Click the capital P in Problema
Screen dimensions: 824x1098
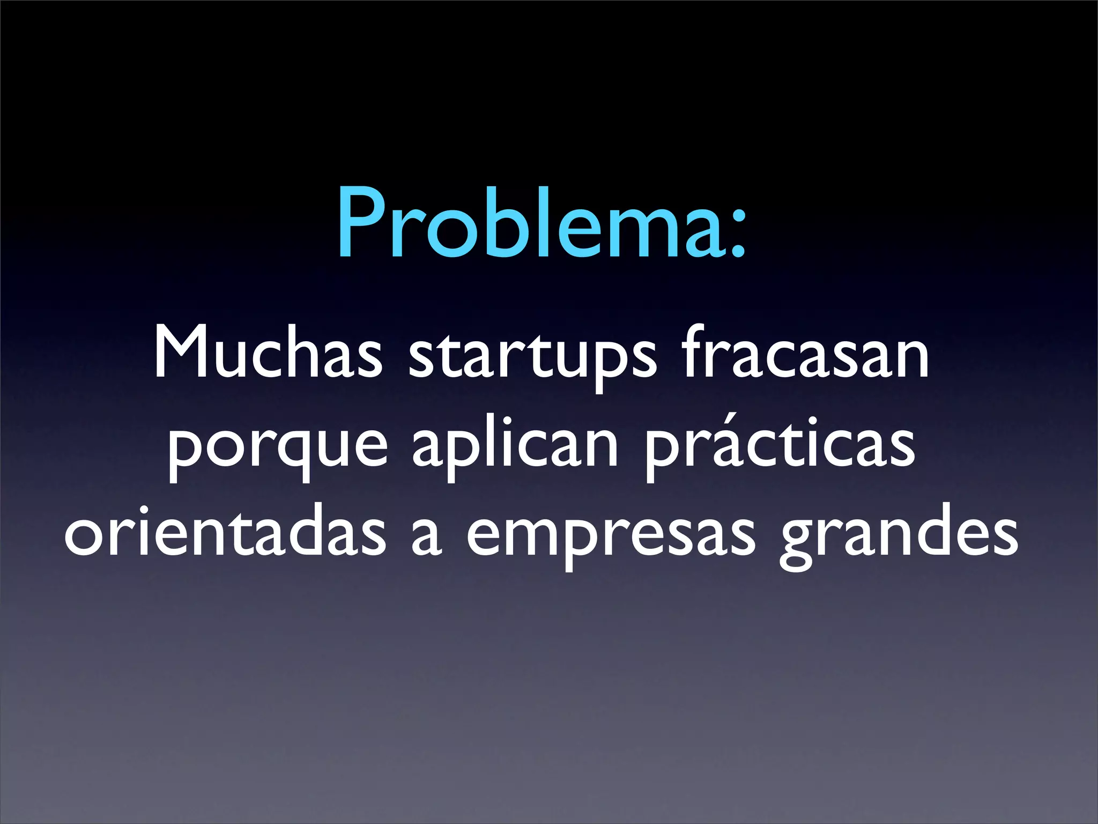tap(359, 223)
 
